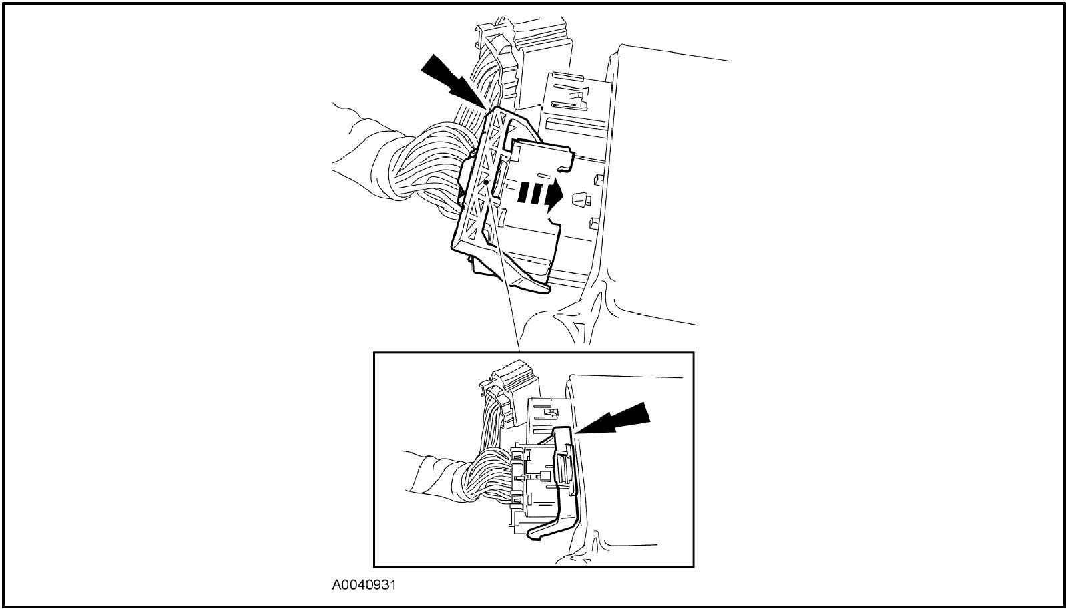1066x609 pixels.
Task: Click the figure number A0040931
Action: (364, 584)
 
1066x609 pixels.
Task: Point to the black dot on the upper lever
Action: (485, 182)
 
